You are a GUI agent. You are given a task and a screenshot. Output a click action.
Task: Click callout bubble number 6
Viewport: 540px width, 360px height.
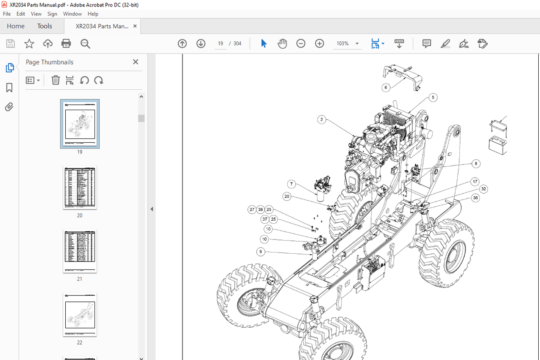tap(385, 87)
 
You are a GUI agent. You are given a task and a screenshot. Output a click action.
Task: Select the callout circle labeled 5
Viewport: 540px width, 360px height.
tap(432, 98)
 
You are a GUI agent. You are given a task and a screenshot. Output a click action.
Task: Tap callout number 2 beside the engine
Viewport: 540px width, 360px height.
tap(321, 120)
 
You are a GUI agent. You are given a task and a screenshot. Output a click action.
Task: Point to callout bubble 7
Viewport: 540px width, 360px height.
tap(291, 184)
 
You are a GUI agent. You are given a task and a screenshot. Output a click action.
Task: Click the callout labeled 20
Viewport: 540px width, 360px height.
tap(287, 197)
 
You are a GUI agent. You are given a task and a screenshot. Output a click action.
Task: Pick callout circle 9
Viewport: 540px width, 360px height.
tap(260, 252)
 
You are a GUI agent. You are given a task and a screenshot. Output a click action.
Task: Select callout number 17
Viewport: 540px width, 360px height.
tap(475, 182)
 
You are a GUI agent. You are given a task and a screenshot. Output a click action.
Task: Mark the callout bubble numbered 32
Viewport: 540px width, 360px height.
tap(483, 189)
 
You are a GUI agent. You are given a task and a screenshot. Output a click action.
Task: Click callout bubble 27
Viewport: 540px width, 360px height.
tap(252, 210)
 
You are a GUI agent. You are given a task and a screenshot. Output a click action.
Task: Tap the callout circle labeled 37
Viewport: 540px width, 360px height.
tap(265, 219)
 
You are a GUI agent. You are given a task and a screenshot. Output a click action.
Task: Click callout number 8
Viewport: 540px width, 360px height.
tap(476, 164)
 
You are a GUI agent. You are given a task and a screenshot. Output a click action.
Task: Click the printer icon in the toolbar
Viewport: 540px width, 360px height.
tap(66, 44)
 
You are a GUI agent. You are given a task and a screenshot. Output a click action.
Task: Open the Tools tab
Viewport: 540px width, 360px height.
tap(44, 26)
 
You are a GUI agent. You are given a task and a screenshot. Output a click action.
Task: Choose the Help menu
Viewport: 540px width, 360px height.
tap(93, 14)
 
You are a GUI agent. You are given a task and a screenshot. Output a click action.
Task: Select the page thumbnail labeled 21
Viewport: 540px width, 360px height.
tap(80, 251)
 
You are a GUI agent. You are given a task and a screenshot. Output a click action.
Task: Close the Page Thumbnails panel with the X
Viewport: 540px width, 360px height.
tap(135, 62)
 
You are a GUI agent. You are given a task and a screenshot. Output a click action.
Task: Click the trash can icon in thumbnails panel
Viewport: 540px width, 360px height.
tap(56, 80)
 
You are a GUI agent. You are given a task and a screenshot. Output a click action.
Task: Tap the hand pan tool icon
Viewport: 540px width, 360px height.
tap(282, 44)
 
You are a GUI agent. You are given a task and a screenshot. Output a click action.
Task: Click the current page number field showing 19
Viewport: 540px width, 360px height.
tap(220, 44)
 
